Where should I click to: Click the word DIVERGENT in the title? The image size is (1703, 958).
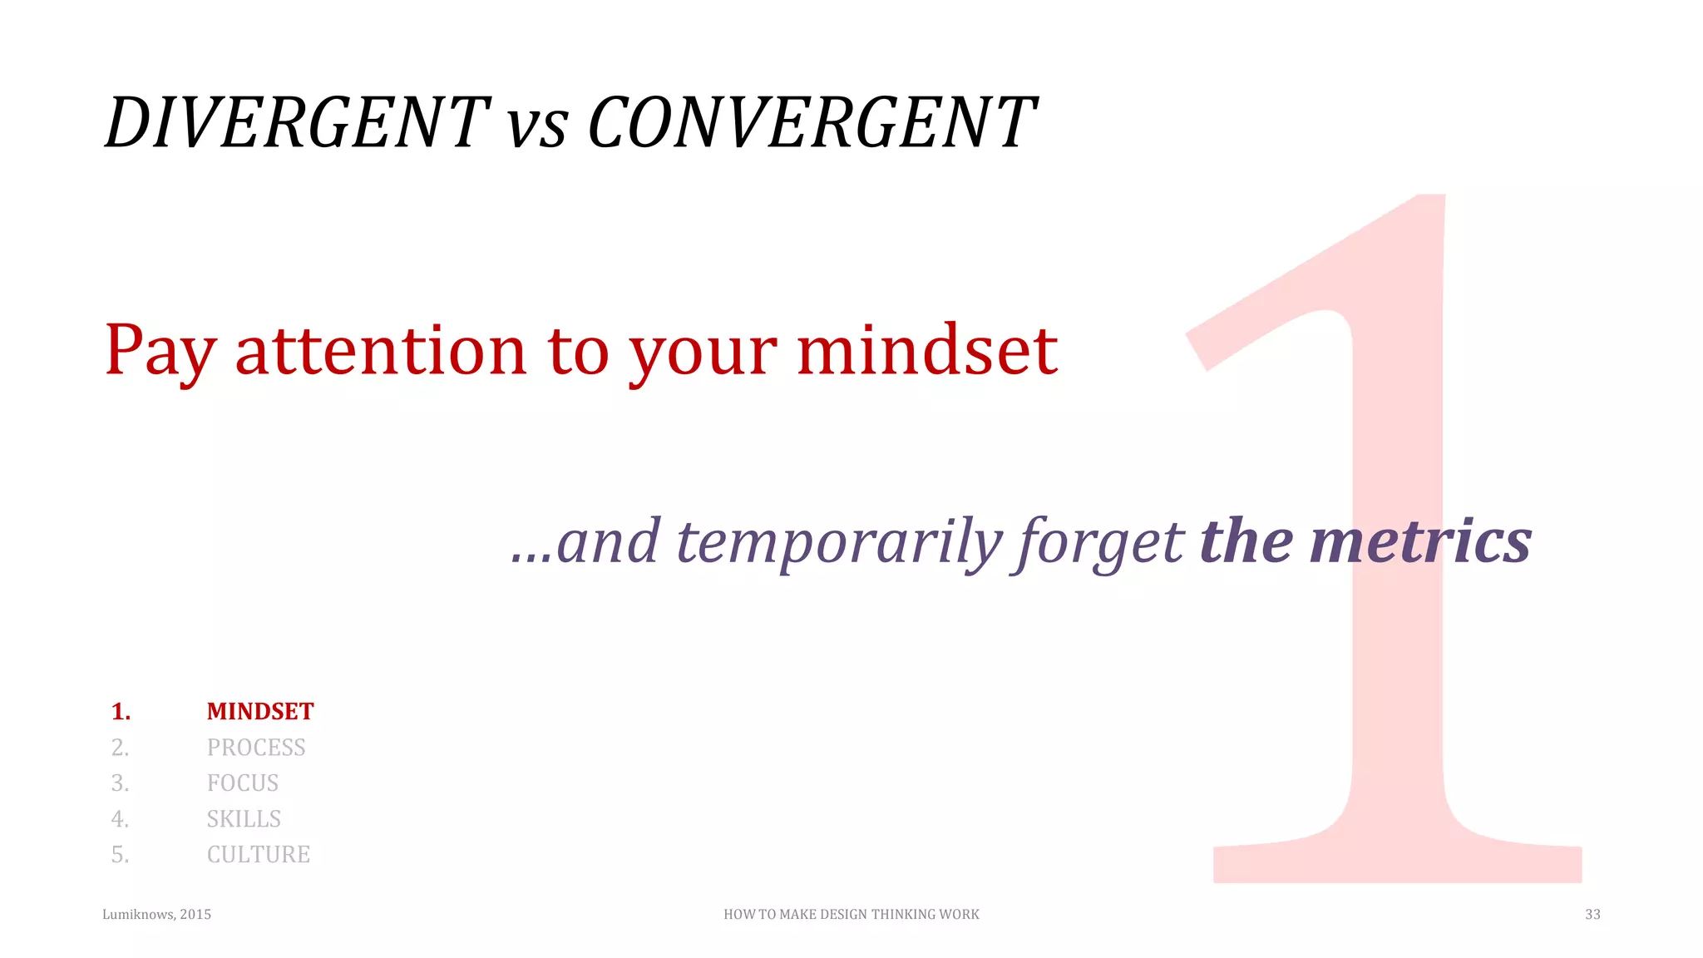tap(297, 123)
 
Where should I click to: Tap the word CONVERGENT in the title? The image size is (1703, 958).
tap(811, 123)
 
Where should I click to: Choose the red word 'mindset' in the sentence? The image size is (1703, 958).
tap(926, 351)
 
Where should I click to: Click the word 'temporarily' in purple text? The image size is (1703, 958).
tap(840, 542)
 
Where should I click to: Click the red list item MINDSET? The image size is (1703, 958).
tap(260, 712)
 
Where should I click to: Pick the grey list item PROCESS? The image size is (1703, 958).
tap(256, 748)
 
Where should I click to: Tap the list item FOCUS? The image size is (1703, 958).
tap(243, 783)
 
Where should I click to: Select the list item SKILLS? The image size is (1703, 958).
tap(244, 819)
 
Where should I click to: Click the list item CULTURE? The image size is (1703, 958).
tap(259, 855)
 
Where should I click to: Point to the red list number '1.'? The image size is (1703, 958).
tap(121, 712)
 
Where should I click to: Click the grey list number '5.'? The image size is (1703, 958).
tap(121, 855)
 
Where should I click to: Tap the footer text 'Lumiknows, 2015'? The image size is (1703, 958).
tap(156, 915)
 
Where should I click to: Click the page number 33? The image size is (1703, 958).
tap(1592, 915)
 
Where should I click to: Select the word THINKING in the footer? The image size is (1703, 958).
tap(904, 915)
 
